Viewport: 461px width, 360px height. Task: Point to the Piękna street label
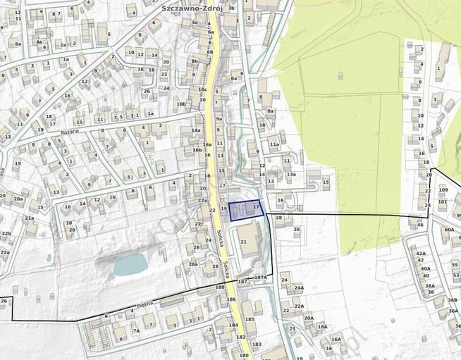point(145,304)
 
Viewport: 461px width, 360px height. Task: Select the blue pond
point(130,265)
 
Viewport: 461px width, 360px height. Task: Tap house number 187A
point(261,278)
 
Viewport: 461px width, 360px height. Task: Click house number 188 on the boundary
point(219,287)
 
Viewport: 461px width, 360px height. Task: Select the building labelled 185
point(250,319)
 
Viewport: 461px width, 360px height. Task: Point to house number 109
point(443,190)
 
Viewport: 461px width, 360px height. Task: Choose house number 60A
point(449,230)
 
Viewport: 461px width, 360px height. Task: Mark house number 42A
point(421,254)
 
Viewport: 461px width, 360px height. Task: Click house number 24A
point(299,287)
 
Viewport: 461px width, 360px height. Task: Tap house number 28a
point(192,264)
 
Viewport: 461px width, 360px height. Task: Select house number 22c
point(199,224)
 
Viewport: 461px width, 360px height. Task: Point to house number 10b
point(181,104)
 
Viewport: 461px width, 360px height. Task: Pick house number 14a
point(196,130)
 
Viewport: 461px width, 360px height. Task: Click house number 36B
point(452,299)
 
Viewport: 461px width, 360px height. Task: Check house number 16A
point(336,340)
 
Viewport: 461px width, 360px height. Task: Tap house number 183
point(256,345)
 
